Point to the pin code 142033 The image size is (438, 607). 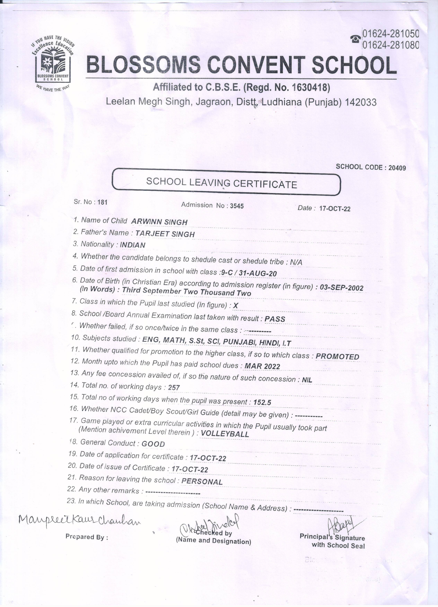pos(361,102)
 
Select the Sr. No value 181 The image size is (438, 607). pos(102,202)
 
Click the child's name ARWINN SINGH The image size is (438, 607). pos(159,222)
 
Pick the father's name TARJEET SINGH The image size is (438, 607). pos(165,234)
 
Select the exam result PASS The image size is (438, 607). pos(275,319)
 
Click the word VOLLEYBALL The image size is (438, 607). pos(225,434)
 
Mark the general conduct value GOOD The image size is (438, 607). pos(153,444)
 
